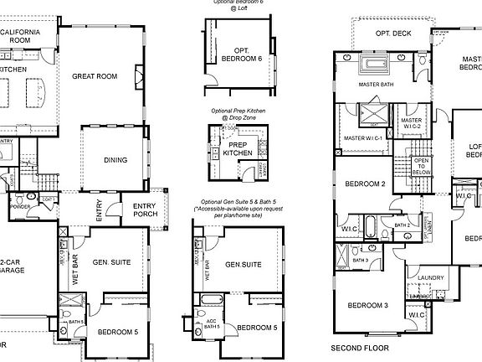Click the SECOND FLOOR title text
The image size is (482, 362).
pos(359,347)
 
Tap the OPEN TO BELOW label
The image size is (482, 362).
pos(421,166)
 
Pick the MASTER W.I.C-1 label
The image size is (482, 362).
pos(364,137)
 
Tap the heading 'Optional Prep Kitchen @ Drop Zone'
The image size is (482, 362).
pos(238,114)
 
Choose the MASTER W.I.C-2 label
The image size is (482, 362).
pos(411,124)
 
